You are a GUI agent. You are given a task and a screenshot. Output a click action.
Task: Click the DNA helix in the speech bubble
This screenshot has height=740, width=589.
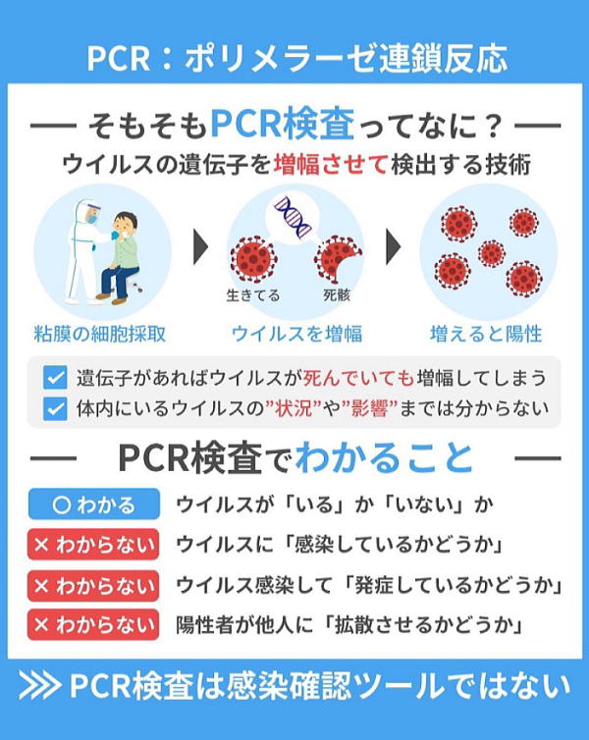click(294, 217)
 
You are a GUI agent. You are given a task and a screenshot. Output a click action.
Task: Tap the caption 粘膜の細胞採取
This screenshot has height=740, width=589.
click(100, 334)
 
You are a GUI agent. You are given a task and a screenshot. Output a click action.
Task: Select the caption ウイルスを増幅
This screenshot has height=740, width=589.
click(296, 334)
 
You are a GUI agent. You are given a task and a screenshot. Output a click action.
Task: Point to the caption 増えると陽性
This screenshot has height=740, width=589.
click(486, 334)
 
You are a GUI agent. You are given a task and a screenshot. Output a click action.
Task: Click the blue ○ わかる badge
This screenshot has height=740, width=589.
click(94, 504)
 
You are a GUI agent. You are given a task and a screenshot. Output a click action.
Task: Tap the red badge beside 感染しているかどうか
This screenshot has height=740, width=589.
click(93, 545)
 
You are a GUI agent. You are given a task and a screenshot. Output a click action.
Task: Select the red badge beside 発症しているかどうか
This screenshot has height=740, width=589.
click(93, 585)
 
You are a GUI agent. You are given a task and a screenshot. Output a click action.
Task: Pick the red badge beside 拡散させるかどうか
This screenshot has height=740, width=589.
click(93, 625)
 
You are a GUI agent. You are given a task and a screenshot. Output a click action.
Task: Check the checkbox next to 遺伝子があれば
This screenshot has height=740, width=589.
click(55, 378)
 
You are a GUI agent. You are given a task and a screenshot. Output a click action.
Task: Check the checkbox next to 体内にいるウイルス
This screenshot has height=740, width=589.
click(55, 408)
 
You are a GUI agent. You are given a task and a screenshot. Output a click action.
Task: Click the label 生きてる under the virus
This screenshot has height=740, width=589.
click(253, 295)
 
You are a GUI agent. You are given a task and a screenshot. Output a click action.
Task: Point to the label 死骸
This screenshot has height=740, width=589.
click(337, 295)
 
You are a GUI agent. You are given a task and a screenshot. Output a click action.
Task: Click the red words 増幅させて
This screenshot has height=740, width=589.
click(331, 165)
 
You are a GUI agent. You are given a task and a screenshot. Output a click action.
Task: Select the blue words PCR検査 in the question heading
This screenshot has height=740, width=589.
click(283, 125)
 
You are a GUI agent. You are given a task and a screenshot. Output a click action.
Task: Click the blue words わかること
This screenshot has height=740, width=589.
click(384, 457)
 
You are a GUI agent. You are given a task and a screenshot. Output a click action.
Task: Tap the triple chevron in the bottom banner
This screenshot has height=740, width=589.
click(40, 686)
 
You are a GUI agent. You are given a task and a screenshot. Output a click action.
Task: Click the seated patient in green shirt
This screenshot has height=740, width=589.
click(119, 257)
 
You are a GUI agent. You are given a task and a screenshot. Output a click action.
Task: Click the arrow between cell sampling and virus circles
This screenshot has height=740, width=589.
click(201, 246)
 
